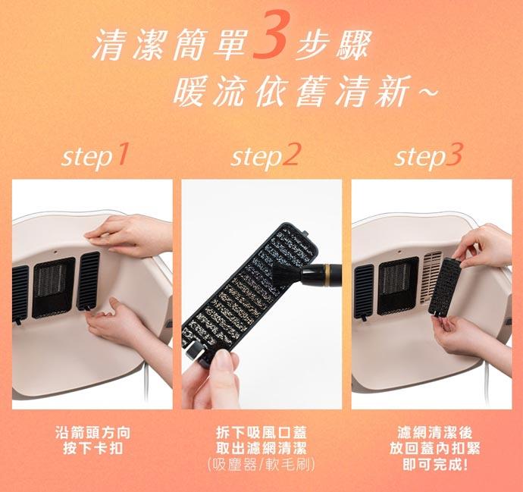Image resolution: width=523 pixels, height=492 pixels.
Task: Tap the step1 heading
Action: point(95,156)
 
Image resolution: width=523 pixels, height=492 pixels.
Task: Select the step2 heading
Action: point(265,156)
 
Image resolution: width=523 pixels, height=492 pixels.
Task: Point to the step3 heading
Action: point(428,156)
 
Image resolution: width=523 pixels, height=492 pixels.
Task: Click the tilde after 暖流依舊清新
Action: point(427,92)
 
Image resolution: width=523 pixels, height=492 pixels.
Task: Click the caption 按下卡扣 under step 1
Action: point(93,447)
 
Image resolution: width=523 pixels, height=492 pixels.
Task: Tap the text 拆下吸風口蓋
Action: point(261,433)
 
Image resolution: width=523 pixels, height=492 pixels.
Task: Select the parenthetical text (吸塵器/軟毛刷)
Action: point(261,465)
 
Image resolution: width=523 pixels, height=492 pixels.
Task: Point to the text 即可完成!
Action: point(434,464)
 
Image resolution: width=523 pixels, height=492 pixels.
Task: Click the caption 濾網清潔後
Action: point(434,433)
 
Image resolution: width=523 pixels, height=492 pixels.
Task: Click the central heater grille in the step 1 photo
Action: point(53,287)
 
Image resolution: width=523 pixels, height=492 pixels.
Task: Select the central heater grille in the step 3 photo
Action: point(398,286)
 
